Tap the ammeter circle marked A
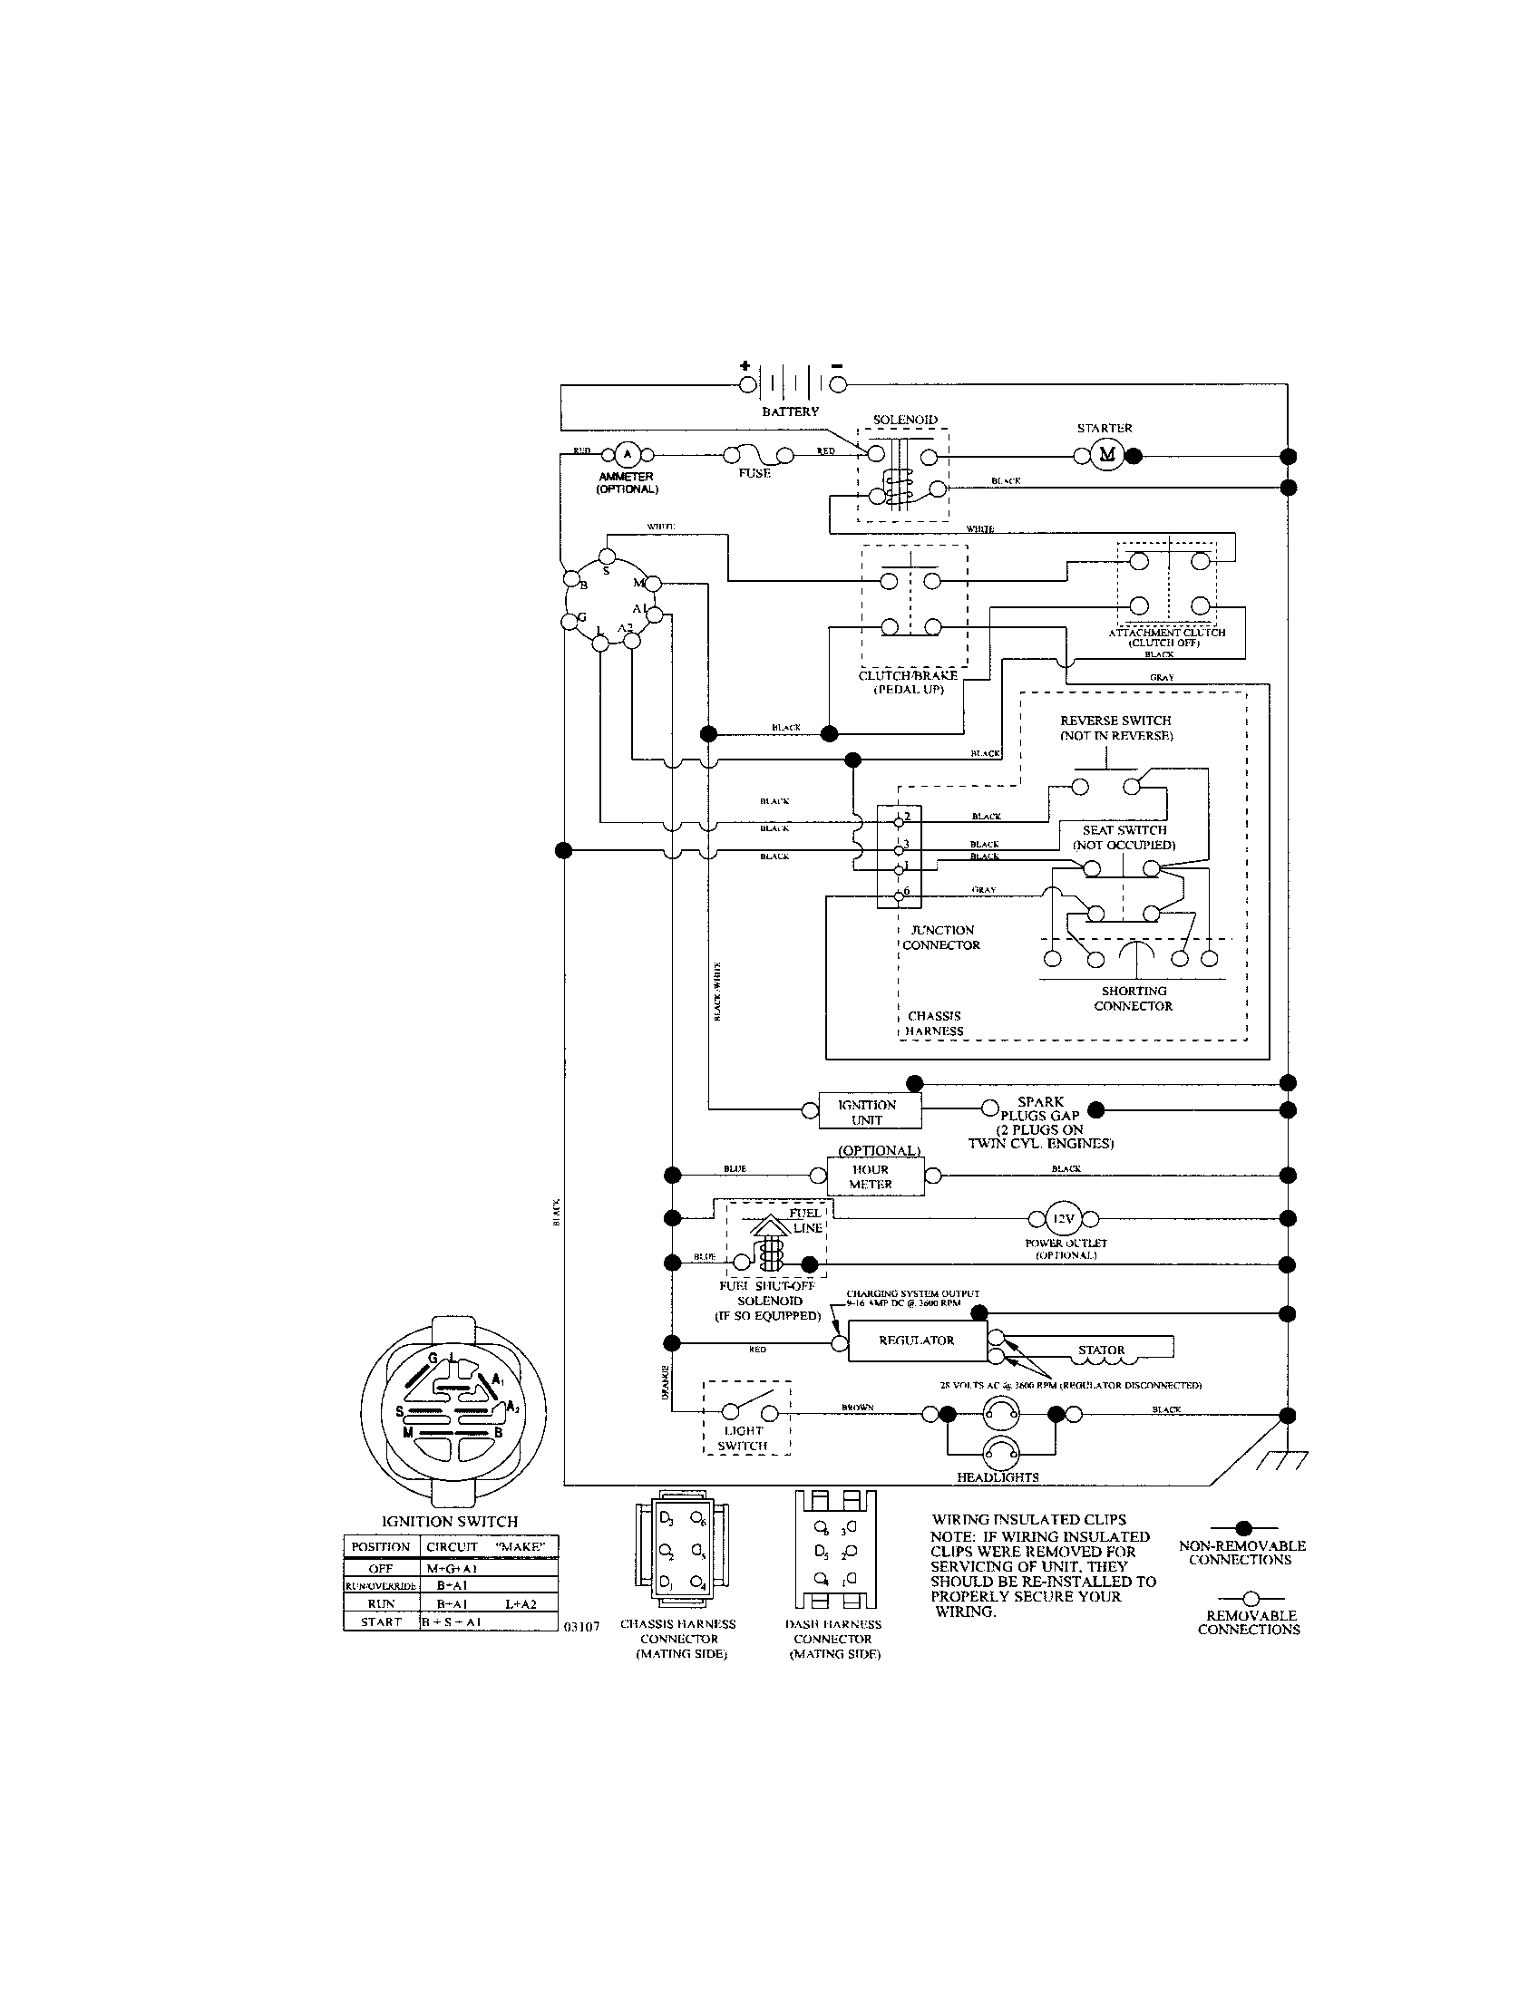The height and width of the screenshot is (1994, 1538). tap(626, 455)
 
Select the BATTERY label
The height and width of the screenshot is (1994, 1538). tap(790, 411)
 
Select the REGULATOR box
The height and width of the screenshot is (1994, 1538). tap(917, 1341)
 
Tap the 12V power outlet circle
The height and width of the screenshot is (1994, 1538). tap(1063, 1218)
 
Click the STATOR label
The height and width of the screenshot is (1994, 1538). tap(1102, 1350)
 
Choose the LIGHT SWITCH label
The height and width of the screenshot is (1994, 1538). tap(743, 1438)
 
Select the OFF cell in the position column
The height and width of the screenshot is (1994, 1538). tap(381, 1568)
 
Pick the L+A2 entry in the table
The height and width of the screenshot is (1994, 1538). tap(521, 1603)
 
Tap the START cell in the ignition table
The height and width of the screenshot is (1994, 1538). tap(381, 1621)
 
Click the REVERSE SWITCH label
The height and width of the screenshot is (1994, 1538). tap(1115, 728)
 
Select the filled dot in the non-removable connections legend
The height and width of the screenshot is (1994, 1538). tap(1242, 1526)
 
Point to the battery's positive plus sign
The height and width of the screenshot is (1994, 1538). tap(745, 365)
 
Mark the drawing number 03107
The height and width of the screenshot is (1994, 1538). tap(581, 1626)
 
